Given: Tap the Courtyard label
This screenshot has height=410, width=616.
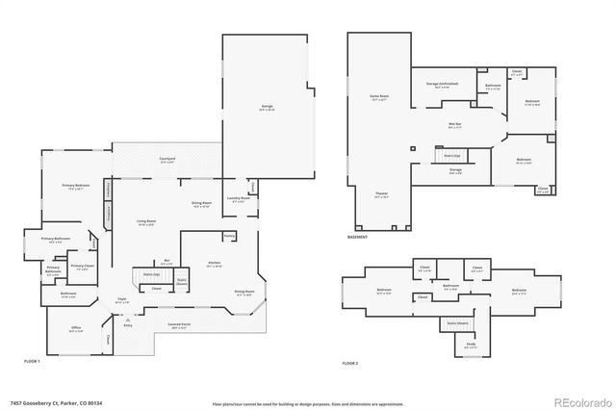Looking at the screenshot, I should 152,160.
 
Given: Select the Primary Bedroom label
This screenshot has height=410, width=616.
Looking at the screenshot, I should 76,186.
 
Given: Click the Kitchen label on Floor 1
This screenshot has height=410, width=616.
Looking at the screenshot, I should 215,263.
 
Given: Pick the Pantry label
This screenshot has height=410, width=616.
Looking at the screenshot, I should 229,236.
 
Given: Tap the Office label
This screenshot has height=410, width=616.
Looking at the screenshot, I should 76,328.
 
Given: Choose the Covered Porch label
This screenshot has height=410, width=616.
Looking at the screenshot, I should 180,325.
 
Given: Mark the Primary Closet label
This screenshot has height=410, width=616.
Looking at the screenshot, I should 82,267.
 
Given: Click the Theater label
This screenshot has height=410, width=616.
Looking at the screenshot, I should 381,194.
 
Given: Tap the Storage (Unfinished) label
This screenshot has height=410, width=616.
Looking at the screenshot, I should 442,84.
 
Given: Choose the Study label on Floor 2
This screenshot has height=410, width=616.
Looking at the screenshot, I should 471,344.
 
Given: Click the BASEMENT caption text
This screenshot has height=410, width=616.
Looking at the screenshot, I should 357,237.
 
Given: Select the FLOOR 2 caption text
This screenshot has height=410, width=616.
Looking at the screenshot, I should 350,364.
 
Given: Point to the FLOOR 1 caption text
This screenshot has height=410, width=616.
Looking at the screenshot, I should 33,360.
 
